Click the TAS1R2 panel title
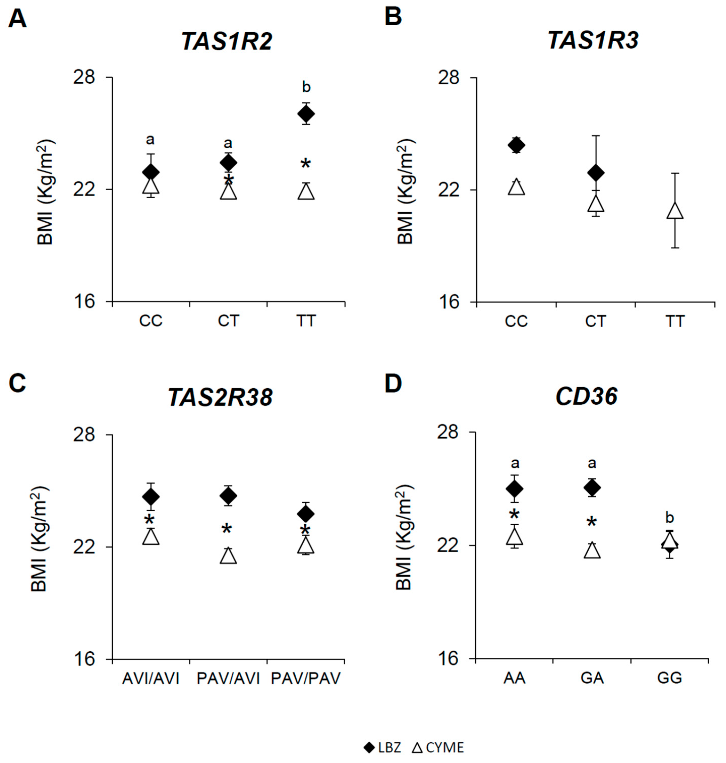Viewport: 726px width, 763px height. pos(227,41)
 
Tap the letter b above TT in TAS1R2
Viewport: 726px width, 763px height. pos(306,87)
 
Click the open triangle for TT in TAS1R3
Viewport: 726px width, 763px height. pos(675,211)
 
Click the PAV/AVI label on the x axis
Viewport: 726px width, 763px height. pos(228,678)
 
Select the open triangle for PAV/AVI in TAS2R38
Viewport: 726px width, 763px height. pos(228,556)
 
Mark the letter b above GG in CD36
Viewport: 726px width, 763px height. pos(670,518)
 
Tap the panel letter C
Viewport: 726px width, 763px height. pos(17,383)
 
